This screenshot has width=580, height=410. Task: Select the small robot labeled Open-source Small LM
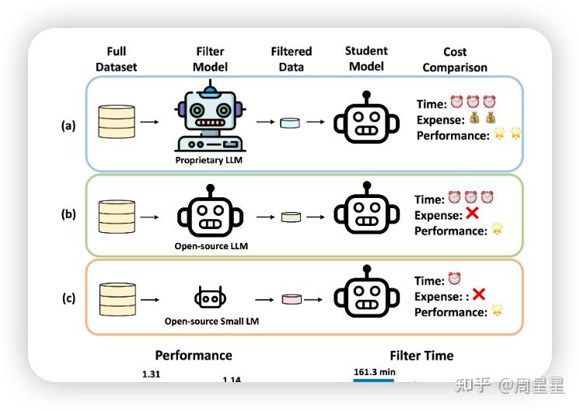(x=210, y=298)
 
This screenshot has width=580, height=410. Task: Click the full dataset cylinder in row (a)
(x=117, y=123)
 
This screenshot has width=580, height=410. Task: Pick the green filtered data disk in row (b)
(x=291, y=217)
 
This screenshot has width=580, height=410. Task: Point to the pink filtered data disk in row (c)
(x=291, y=299)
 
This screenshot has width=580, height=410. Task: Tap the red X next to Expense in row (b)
(x=471, y=215)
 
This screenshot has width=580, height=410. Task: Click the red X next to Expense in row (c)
(x=479, y=294)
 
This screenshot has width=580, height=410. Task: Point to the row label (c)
(x=68, y=298)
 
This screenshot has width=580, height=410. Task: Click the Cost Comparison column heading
(x=455, y=60)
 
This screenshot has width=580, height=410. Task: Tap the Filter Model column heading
(x=210, y=59)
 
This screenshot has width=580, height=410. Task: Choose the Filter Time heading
(x=421, y=356)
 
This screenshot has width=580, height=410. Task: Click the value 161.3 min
(x=375, y=373)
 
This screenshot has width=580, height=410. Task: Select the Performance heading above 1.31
(x=194, y=356)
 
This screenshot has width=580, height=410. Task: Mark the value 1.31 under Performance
(x=151, y=374)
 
